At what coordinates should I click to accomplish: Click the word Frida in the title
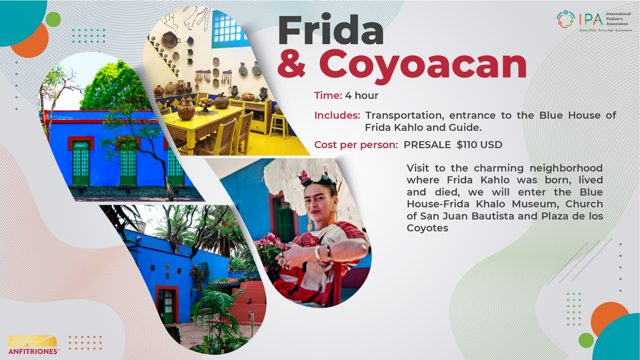tap(331, 30)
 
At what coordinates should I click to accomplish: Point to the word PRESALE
tap(427, 145)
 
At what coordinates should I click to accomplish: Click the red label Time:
tap(328, 95)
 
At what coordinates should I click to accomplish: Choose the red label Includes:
tap(337, 115)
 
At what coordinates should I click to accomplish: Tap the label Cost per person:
tap(356, 145)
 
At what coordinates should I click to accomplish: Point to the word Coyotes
tap(428, 228)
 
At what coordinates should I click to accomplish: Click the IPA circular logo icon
tap(566, 19)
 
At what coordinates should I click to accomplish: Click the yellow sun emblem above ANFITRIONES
tap(32, 341)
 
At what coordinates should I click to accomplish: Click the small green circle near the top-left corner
tap(53, 20)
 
